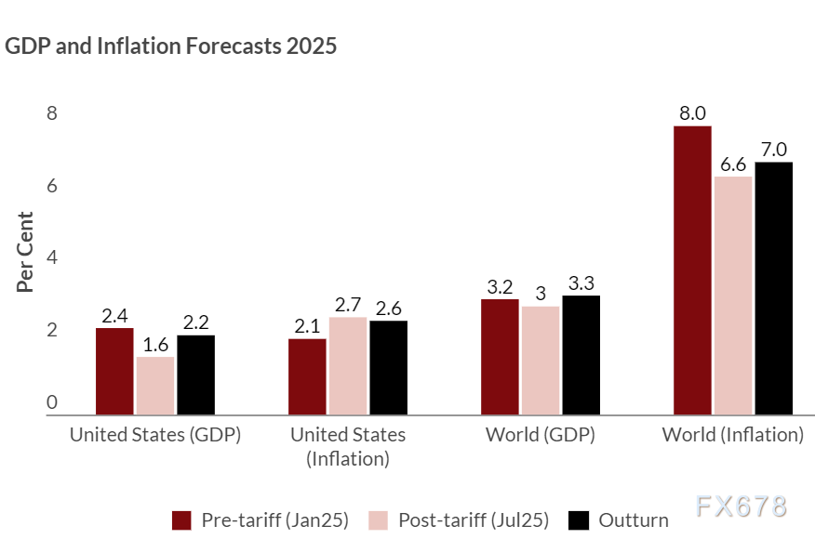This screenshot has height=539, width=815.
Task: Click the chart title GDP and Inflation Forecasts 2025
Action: pos(171,46)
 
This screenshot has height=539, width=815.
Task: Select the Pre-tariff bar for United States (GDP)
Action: pos(114,371)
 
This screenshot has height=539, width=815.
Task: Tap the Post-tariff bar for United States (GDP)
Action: pos(155,386)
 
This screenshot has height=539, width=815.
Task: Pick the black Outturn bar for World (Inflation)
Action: pos(773,288)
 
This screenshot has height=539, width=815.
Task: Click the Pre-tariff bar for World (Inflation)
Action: pos(692,269)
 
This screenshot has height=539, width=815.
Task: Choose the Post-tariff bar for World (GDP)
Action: pos(540,361)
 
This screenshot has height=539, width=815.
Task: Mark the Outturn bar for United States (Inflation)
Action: pos(388,367)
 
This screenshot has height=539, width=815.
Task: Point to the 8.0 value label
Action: pos(693,114)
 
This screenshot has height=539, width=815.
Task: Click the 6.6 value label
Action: pos(733,164)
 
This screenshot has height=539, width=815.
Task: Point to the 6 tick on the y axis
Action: pos(52,186)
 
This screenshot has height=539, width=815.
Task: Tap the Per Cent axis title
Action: pos(26,252)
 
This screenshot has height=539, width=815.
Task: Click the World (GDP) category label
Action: pos(540,435)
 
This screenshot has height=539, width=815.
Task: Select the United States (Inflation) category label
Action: pos(348,446)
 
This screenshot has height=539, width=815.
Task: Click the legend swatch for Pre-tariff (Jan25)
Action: pos(181,519)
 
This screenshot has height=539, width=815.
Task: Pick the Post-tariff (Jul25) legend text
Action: pos(474,519)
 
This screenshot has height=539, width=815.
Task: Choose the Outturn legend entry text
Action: pos(634,519)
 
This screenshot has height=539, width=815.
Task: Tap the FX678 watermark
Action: pos(741,506)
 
